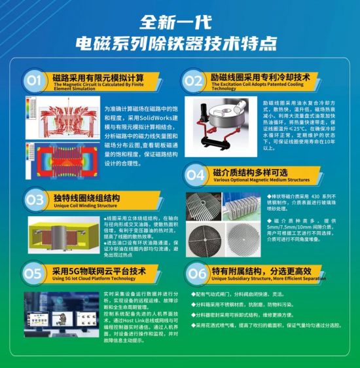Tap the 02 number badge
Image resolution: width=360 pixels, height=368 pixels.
192,81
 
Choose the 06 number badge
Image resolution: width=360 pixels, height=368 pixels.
196,272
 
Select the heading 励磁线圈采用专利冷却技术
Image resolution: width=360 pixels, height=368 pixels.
261,77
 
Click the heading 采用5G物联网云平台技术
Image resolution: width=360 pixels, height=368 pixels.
99,270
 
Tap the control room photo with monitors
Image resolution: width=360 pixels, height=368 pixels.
62,313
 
